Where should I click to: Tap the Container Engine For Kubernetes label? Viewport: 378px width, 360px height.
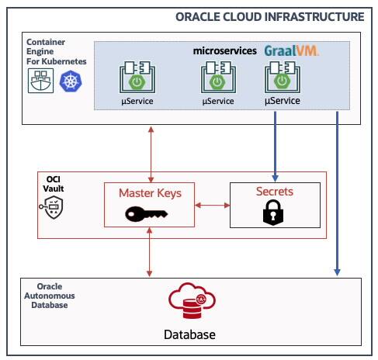[x=55, y=50]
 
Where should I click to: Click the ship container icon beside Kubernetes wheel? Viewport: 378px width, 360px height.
[x=40, y=80]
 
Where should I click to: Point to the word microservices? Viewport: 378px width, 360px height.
[x=225, y=50]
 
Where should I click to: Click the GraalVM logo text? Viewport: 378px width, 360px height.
[x=291, y=50]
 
